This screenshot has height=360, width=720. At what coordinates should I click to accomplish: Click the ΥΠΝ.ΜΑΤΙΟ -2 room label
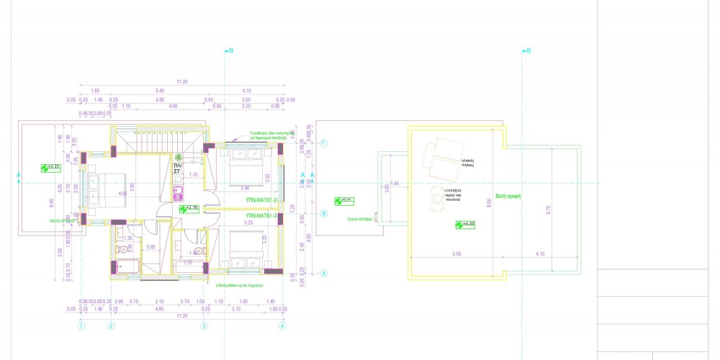pyautogui.click(x=261, y=199)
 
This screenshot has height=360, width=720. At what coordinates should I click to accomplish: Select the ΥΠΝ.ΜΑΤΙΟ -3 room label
pyautogui.click(x=261, y=215)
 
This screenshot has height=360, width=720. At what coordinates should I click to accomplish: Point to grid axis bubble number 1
pyautogui.click(x=81, y=325)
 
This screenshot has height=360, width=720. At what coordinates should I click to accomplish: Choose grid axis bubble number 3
pyautogui.click(x=204, y=325)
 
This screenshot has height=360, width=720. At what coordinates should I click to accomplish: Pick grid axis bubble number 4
pyautogui.click(x=282, y=325)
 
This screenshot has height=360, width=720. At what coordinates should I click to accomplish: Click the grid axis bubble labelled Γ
pyautogui.click(x=324, y=144)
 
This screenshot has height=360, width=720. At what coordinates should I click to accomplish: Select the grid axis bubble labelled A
pyautogui.click(x=324, y=274)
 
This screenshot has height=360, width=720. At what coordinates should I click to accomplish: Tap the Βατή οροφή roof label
pyautogui.click(x=508, y=195)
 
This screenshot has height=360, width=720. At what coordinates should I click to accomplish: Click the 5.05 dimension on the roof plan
pyautogui.click(x=456, y=253)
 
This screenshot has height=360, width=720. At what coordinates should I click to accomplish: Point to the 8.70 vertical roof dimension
pyautogui.click(x=549, y=209)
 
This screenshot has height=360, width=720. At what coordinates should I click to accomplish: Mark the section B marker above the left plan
pyautogui.click(x=228, y=51)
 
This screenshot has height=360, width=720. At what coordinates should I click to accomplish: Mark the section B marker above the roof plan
pyautogui.click(x=526, y=51)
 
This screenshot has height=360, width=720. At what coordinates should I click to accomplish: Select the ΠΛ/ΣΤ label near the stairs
pyautogui.click(x=177, y=168)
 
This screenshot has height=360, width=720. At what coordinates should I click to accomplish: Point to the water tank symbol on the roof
pyautogui.click(x=436, y=197)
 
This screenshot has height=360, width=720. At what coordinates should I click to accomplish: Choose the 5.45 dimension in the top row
pyautogui.click(x=159, y=91)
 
